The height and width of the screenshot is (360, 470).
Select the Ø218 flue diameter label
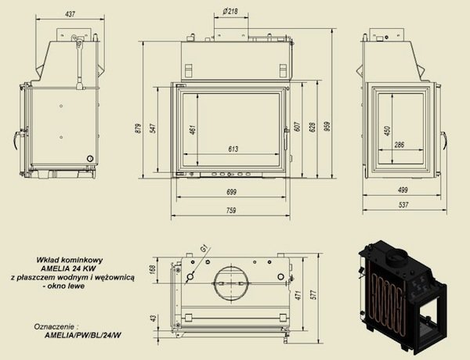point(231,11)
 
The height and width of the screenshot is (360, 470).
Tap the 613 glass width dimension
point(233,149)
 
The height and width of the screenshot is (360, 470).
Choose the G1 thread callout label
point(204,249)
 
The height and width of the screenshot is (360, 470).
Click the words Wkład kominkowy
point(74,257)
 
